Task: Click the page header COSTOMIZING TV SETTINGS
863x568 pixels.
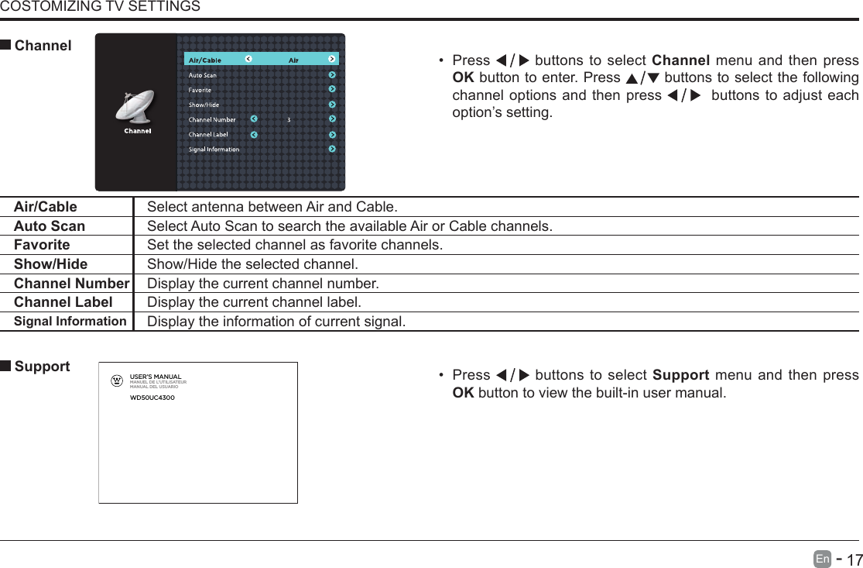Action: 100,7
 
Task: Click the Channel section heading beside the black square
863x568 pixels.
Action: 43,46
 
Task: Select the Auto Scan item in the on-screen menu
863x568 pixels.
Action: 203,75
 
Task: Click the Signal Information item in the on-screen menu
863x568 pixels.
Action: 214,150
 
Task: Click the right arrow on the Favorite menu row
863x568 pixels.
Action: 332,90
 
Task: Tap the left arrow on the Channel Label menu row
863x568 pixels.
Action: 254,134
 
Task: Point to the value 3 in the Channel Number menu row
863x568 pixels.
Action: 289,120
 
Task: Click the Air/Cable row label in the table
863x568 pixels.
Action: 46,207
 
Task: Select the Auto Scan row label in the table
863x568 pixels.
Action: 50,226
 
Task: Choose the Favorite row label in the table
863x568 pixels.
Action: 42,245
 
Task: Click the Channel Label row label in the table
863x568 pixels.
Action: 63,302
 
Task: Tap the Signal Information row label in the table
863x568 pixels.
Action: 70,321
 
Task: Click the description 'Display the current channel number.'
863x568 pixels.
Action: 263,284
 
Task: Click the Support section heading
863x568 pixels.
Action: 42,367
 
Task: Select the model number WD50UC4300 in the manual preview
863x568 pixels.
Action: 152,398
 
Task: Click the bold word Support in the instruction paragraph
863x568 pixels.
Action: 680,375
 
